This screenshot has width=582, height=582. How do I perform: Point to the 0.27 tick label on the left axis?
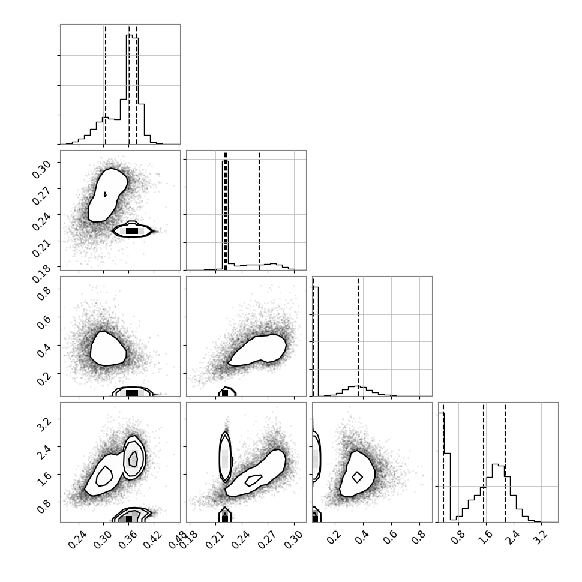pyautogui.click(x=41, y=196)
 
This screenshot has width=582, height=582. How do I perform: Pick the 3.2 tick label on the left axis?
pyautogui.click(x=43, y=422)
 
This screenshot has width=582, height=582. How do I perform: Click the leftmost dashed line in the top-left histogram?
pyautogui.click(x=106, y=84)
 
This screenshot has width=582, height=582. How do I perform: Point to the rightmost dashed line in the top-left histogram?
pyautogui.click(x=137, y=84)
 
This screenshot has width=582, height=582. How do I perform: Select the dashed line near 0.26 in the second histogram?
pyautogui.click(x=259, y=211)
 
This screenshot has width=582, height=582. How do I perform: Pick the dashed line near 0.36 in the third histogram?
pyautogui.click(x=358, y=336)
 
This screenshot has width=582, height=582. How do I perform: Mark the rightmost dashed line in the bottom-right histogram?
pyautogui.click(x=505, y=462)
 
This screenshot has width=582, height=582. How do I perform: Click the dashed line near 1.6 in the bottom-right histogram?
pyautogui.click(x=484, y=462)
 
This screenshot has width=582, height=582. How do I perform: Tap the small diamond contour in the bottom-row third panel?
pyautogui.click(x=357, y=477)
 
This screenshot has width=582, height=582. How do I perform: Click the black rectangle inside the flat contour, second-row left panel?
pyautogui.click(x=132, y=231)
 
